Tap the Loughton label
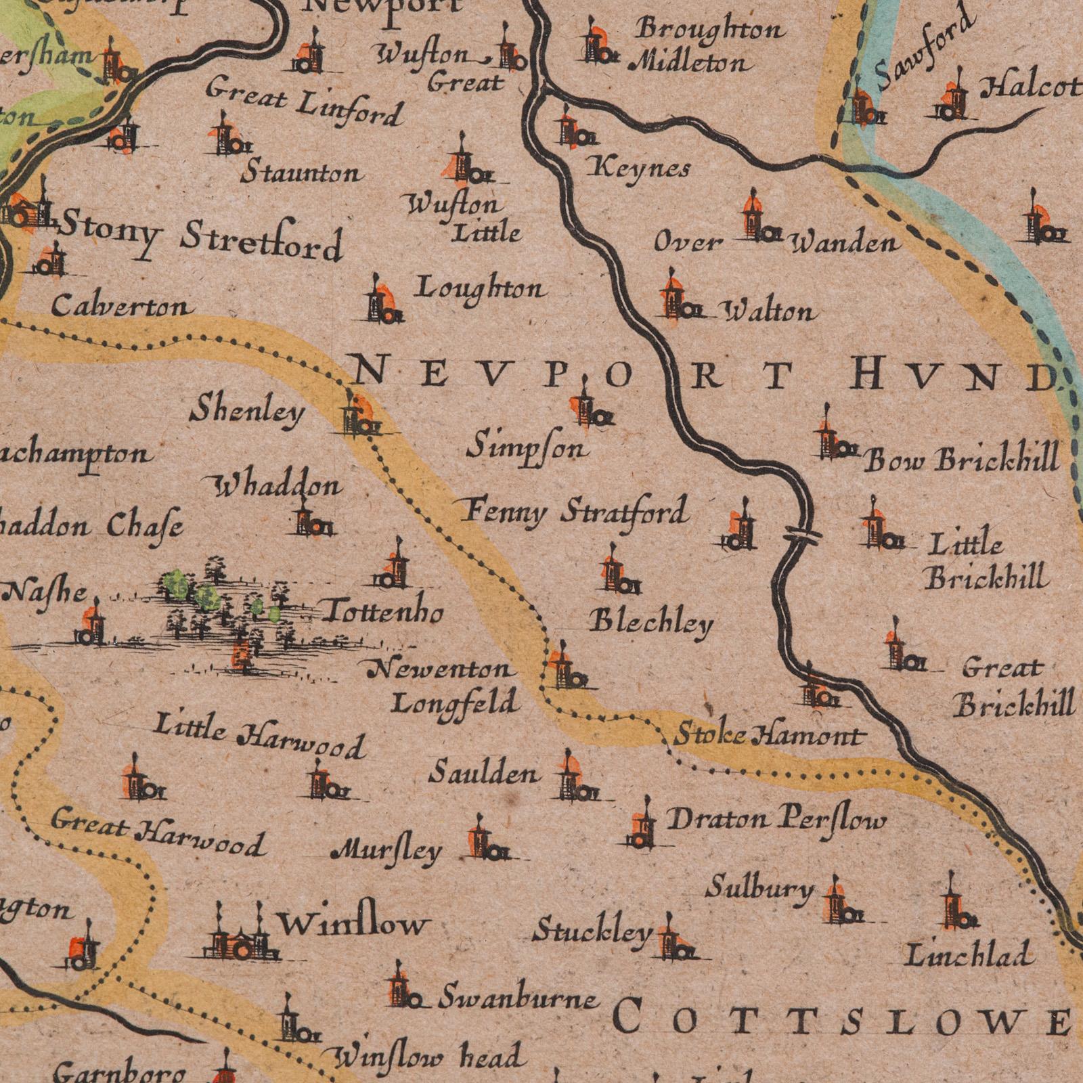tap(480, 290)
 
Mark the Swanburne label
tap(518, 999)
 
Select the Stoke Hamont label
tap(769, 734)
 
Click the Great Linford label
tap(305, 102)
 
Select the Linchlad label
tap(969, 955)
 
